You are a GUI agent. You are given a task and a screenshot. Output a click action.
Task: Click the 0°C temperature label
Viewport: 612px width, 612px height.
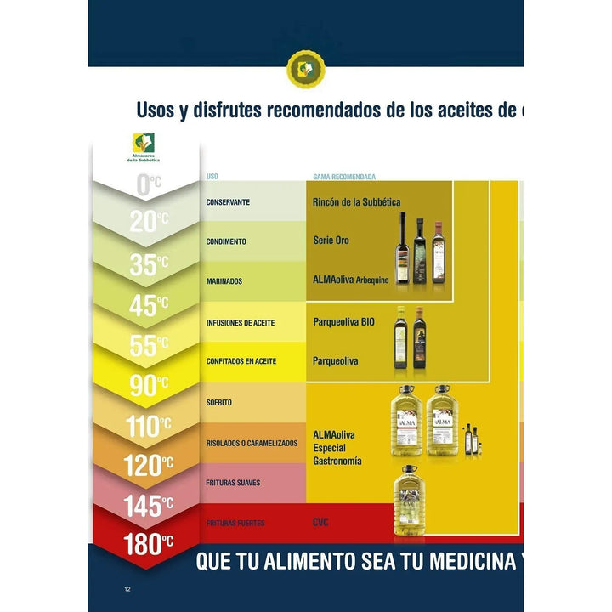(x=150, y=182)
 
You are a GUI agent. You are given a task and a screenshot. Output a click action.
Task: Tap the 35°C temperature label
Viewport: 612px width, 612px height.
(x=150, y=265)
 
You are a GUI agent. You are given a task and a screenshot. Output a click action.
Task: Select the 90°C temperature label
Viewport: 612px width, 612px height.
(x=150, y=386)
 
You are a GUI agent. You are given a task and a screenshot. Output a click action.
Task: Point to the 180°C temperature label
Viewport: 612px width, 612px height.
(x=150, y=545)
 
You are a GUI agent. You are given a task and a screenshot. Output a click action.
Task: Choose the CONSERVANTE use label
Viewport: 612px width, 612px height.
(x=228, y=202)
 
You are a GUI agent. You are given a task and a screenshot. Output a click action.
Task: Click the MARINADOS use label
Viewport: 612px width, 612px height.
(x=224, y=280)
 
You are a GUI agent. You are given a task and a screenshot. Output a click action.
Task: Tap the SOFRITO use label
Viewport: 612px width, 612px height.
(x=219, y=402)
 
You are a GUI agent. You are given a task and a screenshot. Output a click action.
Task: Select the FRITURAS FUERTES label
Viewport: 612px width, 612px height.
(x=235, y=524)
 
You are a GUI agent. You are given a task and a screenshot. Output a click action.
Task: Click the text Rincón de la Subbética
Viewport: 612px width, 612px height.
(x=356, y=202)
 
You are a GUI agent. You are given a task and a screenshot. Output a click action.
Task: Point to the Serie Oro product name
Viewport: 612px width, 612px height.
(x=331, y=241)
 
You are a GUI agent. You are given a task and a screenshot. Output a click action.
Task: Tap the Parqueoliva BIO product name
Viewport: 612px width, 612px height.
(x=343, y=323)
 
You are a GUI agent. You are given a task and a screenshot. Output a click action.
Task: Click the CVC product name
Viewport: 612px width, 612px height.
(x=321, y=523)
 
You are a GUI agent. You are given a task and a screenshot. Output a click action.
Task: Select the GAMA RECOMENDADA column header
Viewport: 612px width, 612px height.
(x=344, y=177)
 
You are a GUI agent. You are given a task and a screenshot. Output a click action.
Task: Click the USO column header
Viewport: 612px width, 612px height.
(x=212, y=177)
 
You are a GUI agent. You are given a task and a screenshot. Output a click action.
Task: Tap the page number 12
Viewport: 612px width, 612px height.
(x=127, y=589)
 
